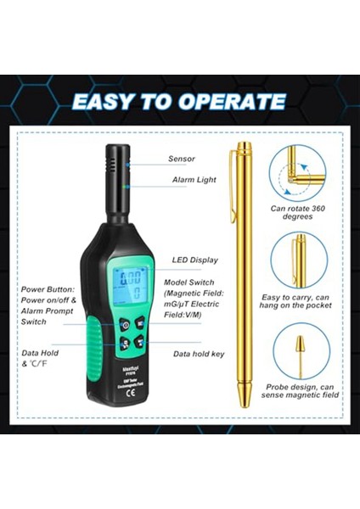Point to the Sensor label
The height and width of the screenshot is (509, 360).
click(x=182, y=159)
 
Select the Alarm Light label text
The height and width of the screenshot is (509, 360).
click(x=193, y=180)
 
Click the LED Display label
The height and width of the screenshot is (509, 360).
click(x=194, y=260)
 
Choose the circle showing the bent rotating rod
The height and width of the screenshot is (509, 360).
click(x=298, y=173)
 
